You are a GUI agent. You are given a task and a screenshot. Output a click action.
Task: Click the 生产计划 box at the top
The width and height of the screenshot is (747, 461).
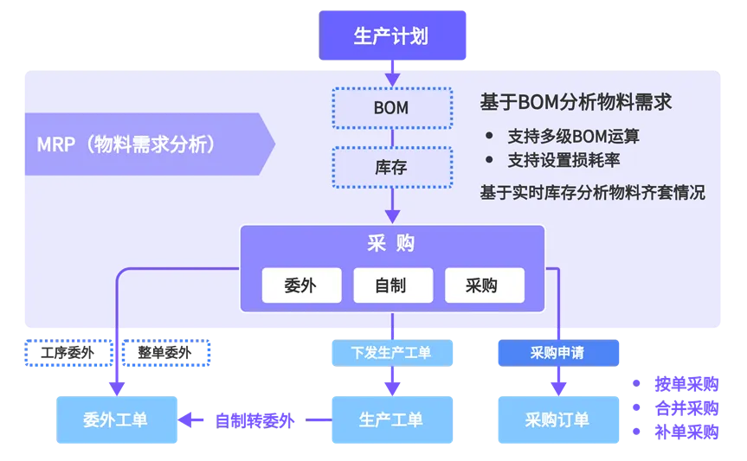pos(392,36)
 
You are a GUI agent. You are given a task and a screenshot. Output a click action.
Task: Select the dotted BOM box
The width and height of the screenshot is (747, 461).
pos(392,108)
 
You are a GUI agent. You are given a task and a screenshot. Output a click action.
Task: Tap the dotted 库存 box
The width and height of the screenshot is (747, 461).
pos(392,167)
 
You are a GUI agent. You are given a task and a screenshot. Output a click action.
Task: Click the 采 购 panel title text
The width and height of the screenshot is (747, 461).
pos(392,244)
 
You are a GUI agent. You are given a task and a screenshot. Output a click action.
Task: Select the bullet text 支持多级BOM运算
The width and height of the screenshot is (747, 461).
pos(573,137)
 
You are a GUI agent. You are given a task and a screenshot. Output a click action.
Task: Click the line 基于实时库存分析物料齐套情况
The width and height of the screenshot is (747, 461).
pos(592,193)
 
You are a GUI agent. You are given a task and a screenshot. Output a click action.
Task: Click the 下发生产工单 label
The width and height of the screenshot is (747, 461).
pos(391,353)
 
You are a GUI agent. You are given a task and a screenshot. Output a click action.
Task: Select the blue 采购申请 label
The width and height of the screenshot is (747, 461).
pos(557,353)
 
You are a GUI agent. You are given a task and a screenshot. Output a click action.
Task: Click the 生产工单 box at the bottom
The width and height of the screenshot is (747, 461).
pos(391,419)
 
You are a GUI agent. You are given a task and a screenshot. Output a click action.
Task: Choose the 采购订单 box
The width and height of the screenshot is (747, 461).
pos(557,419)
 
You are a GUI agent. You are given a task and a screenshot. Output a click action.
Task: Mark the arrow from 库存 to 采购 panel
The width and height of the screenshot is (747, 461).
pos(392,208)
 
